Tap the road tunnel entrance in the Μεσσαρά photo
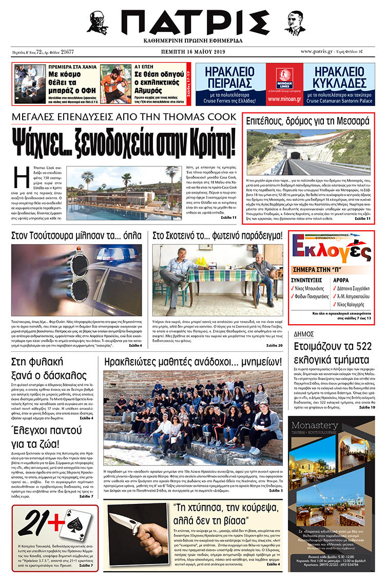tap(296, 155)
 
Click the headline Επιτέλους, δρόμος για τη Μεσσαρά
tap(307, 122)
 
